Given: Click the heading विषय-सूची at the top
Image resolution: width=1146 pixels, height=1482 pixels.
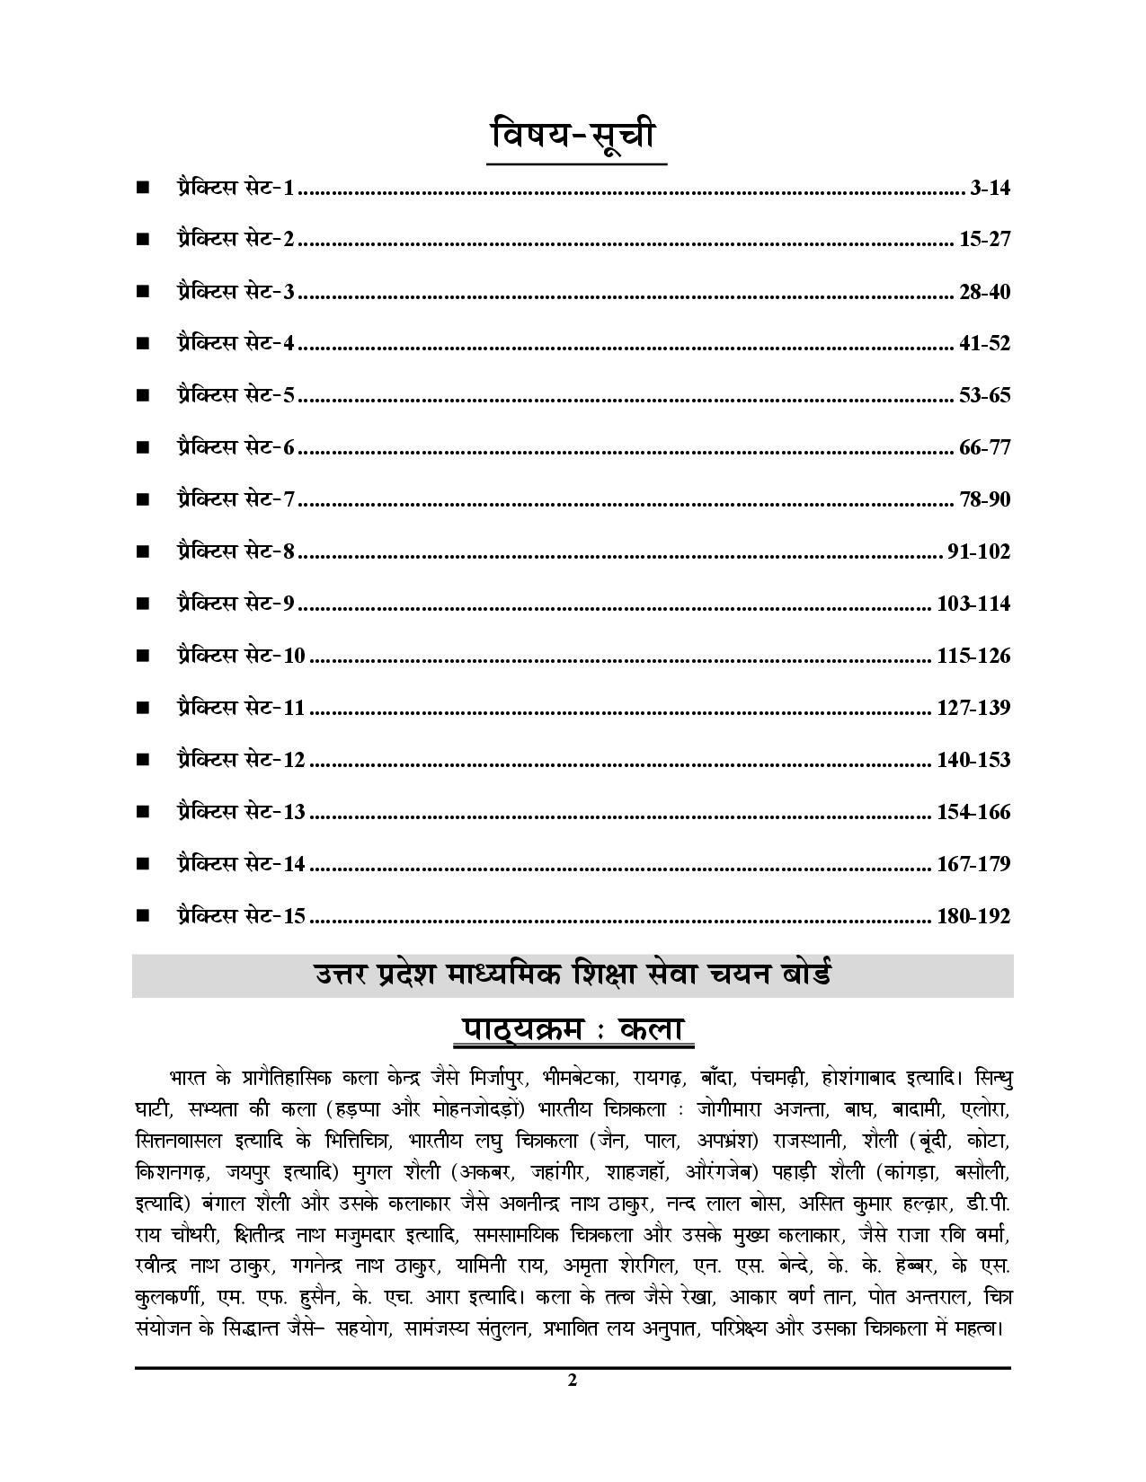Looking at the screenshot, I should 576,137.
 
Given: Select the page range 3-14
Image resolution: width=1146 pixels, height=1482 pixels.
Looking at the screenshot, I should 991,188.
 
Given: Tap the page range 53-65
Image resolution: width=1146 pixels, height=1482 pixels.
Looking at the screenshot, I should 985,395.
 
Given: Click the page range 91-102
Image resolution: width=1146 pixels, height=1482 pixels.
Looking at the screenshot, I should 979,551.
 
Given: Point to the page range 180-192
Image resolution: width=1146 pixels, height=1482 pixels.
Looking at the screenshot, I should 973,916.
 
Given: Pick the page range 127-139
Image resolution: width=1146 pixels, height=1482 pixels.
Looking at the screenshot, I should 973,708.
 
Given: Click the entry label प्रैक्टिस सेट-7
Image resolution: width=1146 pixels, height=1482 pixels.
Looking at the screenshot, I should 235,498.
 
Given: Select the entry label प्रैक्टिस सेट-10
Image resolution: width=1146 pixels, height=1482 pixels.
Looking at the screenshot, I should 241,655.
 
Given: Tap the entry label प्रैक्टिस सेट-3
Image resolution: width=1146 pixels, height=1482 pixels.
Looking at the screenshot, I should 235,291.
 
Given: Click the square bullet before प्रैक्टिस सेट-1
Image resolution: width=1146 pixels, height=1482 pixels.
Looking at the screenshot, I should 142,188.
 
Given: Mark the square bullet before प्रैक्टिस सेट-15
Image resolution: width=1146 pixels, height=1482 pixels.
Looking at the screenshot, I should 142,916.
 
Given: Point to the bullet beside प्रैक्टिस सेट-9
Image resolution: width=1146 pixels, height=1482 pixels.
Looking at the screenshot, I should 142,603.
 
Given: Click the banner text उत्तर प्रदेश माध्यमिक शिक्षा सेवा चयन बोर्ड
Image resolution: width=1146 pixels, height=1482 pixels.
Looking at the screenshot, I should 573,975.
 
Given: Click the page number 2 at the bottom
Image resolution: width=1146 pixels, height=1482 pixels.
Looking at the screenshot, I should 573,1381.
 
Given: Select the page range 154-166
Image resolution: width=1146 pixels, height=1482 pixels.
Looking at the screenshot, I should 973,812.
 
